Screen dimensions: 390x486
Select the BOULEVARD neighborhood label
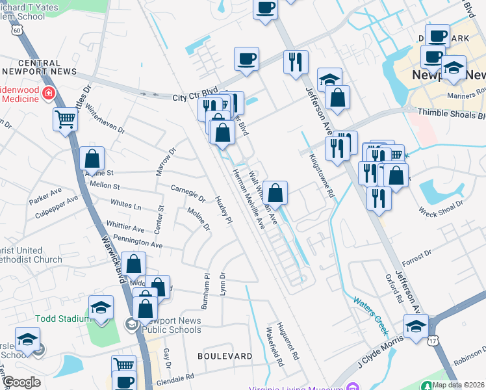225,356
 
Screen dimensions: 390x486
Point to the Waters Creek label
371,311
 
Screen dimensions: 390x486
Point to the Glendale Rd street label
172,377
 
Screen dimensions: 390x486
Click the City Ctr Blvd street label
194,97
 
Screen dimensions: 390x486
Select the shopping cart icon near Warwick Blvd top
66,119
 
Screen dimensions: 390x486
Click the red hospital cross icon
47,94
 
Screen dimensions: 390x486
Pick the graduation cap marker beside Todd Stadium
101,307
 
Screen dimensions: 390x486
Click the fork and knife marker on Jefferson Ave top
296,62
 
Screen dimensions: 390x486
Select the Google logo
21,382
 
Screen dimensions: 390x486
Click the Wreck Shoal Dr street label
441,207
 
